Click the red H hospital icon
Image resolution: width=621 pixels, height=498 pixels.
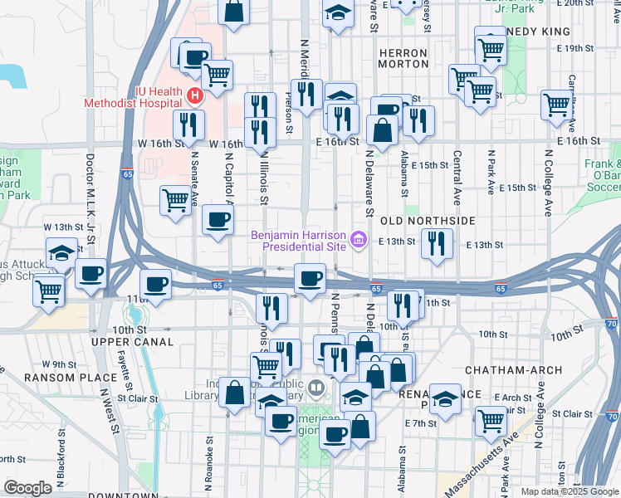coord(194,95)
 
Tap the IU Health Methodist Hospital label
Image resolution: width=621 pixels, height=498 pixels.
coord(133,97)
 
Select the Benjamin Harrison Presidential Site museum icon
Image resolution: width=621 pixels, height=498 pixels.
coord(359,241)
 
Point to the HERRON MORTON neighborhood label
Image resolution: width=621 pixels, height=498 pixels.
coord(403,58)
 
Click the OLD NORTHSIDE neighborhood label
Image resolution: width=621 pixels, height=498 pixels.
coord(428,222)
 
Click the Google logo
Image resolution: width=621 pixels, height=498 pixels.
coord(28,488)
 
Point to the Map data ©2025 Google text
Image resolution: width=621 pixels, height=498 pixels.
coord(569,491)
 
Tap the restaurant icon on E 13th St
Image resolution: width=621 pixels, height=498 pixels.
coord(436,244)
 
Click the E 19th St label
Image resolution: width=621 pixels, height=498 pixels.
coord(579,48)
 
